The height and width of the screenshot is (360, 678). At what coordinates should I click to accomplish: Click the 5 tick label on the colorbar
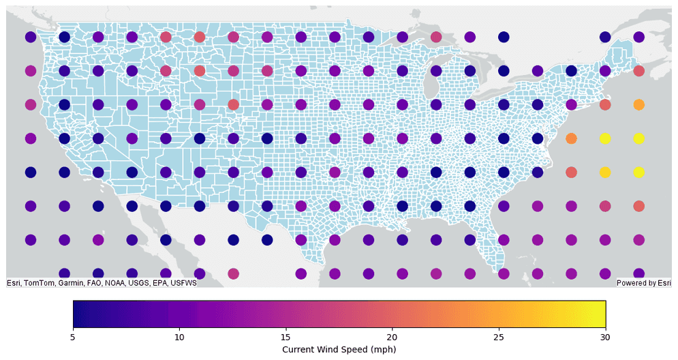pos(73,336)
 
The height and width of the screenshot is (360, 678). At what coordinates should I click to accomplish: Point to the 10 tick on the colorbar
pos(179,336)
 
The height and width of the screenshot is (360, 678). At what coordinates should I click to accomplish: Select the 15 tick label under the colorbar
pos(286,336)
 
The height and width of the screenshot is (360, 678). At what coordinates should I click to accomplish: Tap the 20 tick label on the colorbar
pos(392,336)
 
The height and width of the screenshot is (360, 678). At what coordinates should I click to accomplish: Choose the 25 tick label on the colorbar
pos(499,336)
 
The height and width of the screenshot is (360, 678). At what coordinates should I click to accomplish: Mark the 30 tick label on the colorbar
pos(605,336)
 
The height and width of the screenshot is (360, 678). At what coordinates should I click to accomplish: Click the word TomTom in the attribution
pos(40,283)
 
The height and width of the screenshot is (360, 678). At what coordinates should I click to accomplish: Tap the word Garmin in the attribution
pos(73,283)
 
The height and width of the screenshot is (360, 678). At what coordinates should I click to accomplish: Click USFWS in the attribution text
pos(184,283)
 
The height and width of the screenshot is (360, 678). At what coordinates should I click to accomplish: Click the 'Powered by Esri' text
pos(643,283)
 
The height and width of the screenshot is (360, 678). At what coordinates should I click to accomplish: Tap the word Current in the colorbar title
pos(298,349)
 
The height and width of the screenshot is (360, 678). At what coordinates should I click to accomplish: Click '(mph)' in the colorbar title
pos(383,349)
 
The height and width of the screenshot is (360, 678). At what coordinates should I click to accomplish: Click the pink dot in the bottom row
pos(233,273)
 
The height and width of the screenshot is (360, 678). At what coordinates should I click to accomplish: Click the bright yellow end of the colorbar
pos(600,314)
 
